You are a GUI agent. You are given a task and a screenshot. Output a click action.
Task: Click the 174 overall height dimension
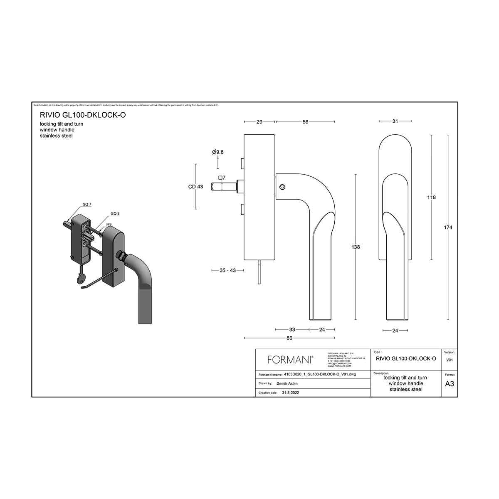[x=448, y=227]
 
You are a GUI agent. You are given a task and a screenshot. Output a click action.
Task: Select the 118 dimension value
[x=432, y=197]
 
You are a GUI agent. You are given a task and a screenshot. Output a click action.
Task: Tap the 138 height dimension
[x=356, y=247]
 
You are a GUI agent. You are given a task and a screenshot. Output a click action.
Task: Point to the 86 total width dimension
[x=289, y=338]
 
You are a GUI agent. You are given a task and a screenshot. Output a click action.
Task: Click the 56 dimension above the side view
[x=305, y=122]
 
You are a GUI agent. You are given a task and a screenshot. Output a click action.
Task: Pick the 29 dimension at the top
[x=259, y=122]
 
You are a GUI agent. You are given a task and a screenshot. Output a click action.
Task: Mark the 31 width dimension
[x=395, y=121]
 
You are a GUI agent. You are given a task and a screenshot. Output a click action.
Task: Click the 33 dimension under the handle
[x=292, y=329]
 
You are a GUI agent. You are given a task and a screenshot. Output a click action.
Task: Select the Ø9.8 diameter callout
[x=217, y=152]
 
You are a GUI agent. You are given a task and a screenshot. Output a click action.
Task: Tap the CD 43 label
[x=195, y=187]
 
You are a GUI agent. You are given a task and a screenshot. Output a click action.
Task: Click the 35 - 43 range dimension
[x=227, y=270]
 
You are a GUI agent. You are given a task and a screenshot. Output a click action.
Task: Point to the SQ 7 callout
[x=86, y=204]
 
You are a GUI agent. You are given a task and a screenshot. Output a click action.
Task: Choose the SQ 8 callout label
[x=115, y=214]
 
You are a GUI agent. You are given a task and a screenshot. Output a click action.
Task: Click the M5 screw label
[x=109, y=224]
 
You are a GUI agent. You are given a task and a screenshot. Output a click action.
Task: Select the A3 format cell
[x=450, y=384]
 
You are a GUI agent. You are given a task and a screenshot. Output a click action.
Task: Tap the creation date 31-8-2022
[x=290, y=393]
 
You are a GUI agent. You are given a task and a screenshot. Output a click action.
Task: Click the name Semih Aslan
[x=287, y=383]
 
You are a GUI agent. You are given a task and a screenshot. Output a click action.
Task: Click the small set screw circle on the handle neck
[x=282, y=187]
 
